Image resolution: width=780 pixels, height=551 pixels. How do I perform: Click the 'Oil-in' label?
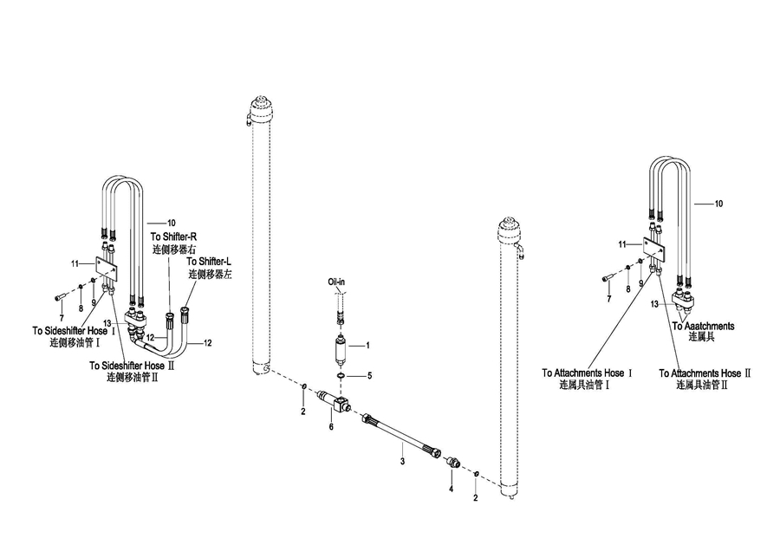tap(337, 282)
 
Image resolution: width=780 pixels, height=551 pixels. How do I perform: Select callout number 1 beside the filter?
tap(367, 346)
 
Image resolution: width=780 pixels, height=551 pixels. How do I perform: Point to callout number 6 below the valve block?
tap(330, 426)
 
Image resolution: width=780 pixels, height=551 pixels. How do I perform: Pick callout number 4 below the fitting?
tap(451, 489)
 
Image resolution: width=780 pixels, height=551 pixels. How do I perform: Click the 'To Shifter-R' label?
tap(173, 237)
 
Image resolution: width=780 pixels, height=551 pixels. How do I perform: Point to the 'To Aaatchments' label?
tap(703, 326)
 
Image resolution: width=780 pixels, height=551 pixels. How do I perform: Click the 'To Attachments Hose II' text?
tap(705, 373)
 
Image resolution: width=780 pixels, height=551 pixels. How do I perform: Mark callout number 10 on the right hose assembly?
tap(718, 204)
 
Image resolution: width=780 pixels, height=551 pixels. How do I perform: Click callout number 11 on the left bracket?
tap(75, 263)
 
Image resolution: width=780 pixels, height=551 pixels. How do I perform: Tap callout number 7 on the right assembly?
tap(608, 298)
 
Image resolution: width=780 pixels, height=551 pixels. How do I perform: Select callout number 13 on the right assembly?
tap(655, 303)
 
